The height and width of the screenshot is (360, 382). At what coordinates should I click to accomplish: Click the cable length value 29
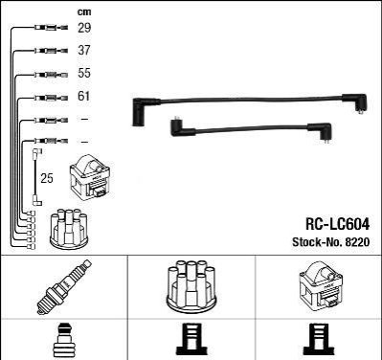click(84, 28)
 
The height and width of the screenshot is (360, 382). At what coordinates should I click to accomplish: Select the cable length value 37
click(84, 50)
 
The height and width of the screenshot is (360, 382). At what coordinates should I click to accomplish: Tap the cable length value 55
click(84, 73)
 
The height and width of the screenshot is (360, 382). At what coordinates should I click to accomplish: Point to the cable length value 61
click(84, 96)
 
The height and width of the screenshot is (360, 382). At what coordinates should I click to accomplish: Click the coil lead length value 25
click(47, 178)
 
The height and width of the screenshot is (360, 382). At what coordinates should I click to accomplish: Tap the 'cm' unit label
click(84, 12)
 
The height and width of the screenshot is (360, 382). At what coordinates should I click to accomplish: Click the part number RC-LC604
click(338, 224)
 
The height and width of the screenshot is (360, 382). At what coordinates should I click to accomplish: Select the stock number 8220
click(357, 242)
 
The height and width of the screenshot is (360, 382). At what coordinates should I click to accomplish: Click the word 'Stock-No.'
click(317, 242)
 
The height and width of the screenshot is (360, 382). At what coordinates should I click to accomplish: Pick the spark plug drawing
click(64, 286)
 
